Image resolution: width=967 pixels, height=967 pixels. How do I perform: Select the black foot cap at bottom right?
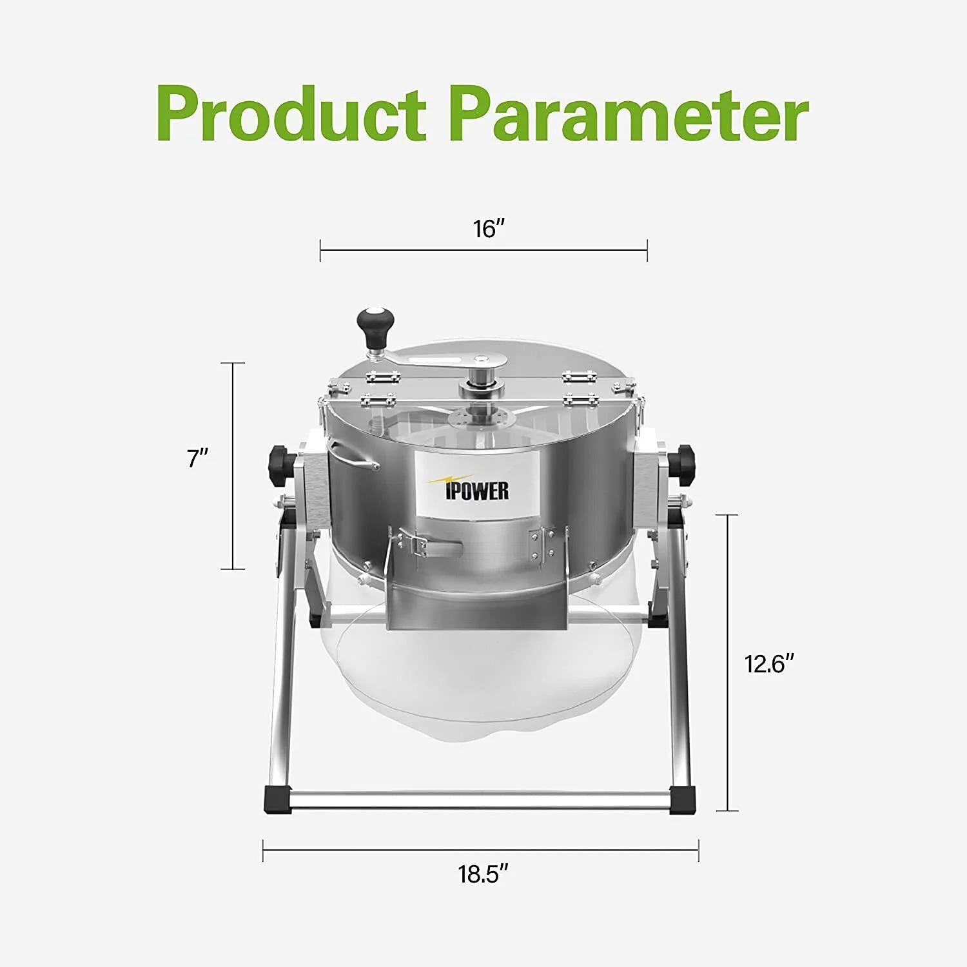(x=683, y=800)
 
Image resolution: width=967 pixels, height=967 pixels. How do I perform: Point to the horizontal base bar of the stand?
(x=480, y=800)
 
